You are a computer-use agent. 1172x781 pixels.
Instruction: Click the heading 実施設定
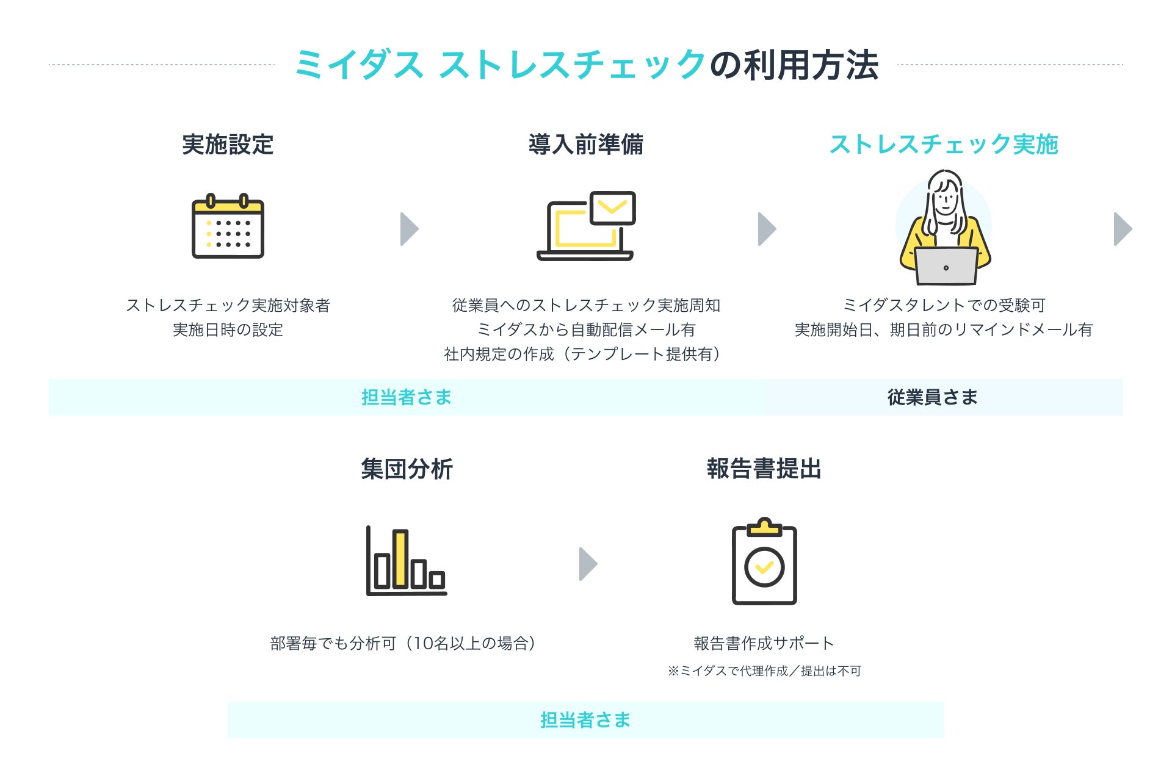[228, 145]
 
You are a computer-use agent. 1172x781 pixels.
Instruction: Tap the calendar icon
[228, 226]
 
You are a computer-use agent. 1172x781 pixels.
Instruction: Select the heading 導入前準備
[586, 145]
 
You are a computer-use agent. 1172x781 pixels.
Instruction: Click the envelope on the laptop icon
[613, 208]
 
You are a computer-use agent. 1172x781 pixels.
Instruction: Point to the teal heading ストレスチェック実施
[944, 145]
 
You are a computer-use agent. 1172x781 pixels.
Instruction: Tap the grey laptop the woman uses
[946, 266]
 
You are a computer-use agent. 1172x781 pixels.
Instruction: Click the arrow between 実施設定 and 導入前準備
[410, 229]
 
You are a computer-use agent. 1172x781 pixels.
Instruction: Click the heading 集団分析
[407, 469]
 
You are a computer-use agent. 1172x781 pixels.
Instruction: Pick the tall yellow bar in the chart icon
[400, 559]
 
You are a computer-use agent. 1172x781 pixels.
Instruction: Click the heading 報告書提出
[764, 469]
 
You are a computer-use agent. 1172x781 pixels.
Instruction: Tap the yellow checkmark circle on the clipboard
[764, 567]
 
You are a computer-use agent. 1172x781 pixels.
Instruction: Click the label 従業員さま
[932, 397]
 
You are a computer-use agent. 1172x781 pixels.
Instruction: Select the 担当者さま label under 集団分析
[585, 720]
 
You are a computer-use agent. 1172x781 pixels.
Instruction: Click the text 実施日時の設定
[228, 329]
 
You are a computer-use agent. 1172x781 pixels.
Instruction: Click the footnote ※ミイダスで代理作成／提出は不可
[764, 671]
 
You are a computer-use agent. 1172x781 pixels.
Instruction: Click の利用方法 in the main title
[794, 65]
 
